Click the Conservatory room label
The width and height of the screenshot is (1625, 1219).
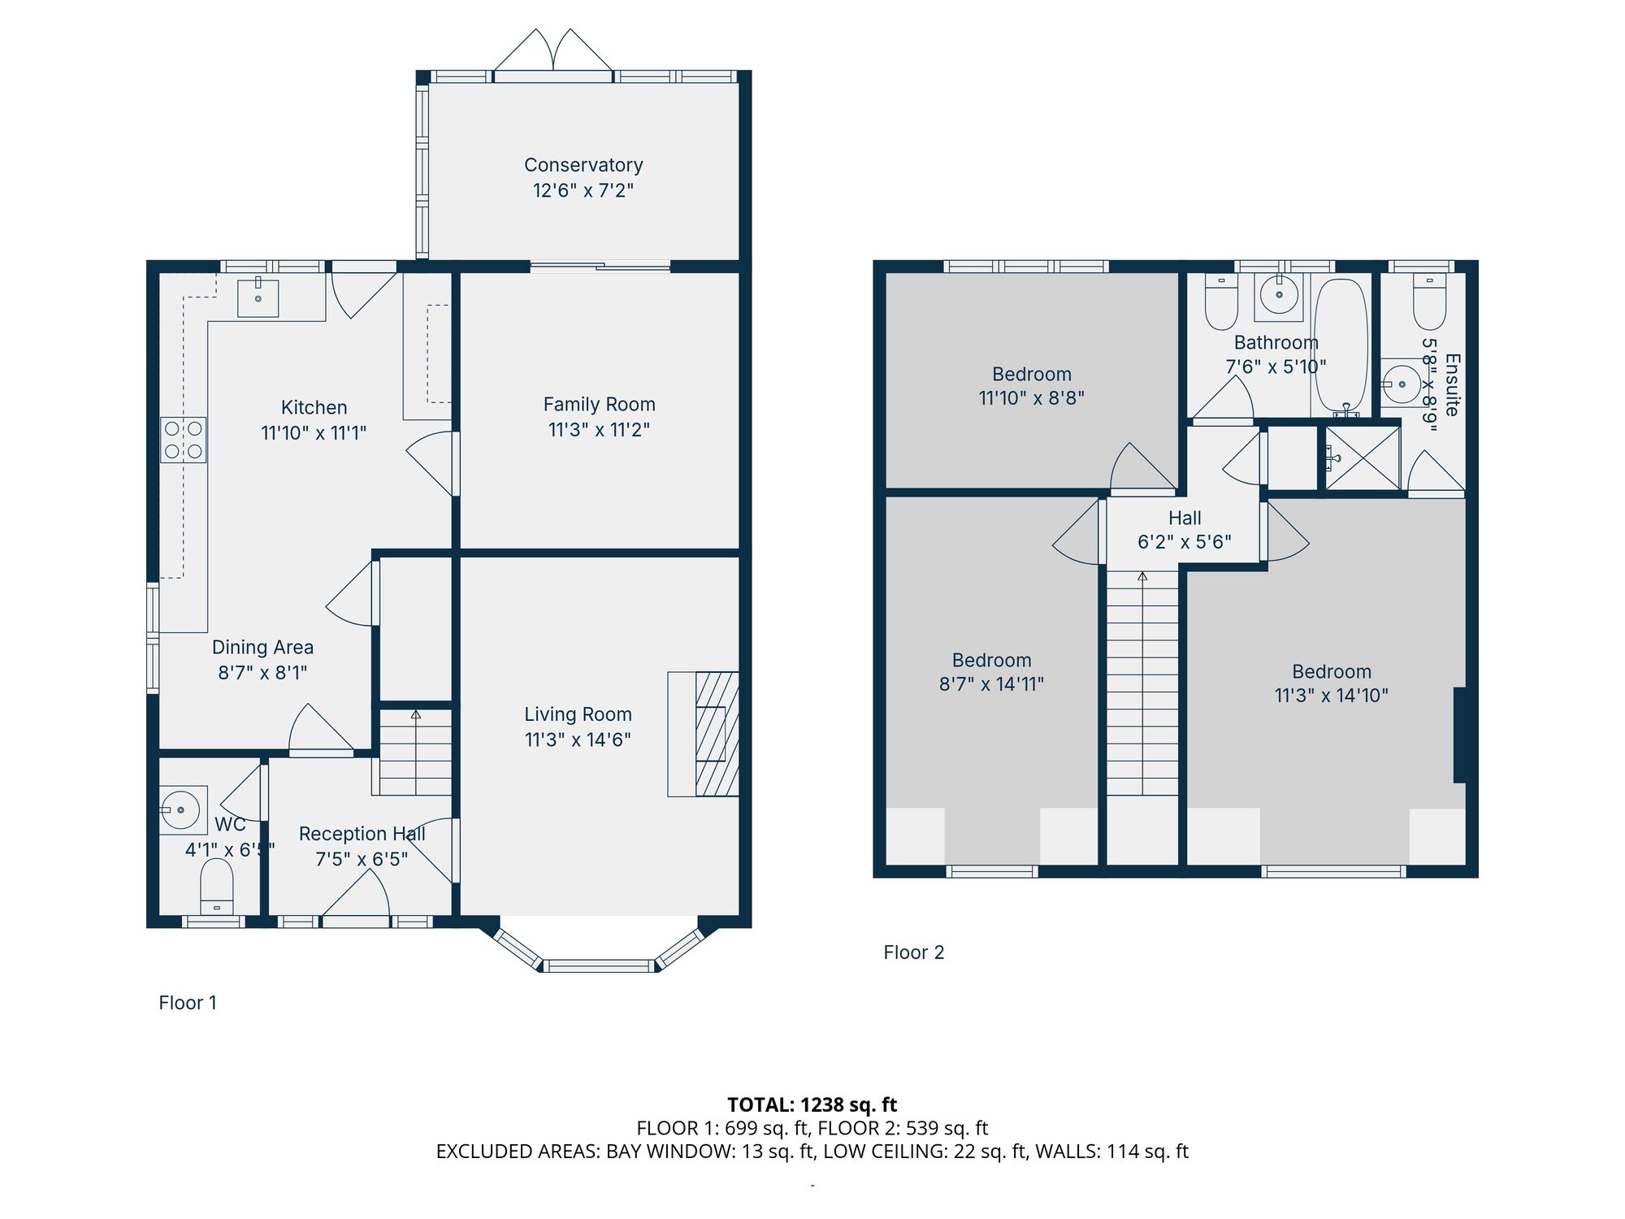point(583,165)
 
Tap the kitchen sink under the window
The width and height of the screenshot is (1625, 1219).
point(258,298)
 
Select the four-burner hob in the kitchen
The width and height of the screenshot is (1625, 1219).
point(183,440)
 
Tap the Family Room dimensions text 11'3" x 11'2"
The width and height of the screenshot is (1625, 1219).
point(599,430)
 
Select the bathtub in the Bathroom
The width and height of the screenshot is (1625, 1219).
point(1341,345)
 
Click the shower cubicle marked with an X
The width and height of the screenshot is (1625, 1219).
point(1363,458)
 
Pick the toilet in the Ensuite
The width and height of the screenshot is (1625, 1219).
point(1429,302)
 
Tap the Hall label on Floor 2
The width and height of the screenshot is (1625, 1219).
point(1185,518)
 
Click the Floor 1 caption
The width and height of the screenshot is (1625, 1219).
point(188,1003)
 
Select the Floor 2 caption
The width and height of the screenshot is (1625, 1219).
point(913,952)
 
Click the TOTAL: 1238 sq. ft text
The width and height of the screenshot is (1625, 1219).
point(812,1104)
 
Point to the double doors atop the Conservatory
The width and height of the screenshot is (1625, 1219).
point(553,54)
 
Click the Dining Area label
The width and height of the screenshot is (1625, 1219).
point(262,647)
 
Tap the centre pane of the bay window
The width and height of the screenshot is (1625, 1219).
point(599,965)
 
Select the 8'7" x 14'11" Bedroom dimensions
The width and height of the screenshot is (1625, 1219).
point(991,684)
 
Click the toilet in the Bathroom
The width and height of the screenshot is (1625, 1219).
point(1220,302)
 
